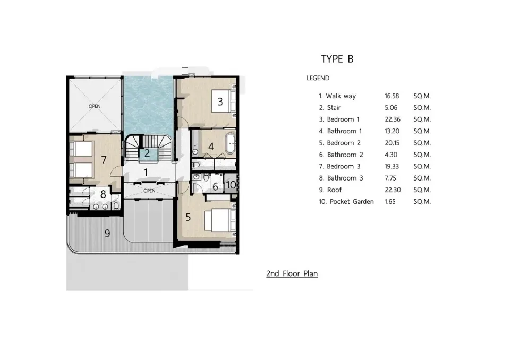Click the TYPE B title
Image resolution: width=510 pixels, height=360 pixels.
pyautogui.click(x=337, y=59)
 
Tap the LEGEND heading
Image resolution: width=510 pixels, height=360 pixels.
pyautogui.click(x=318, y=78)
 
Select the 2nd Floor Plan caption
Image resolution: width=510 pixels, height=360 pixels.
pyautogui.click(x=292, y=273)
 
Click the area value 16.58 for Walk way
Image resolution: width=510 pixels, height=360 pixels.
pyautogui.click(x=392, y=96)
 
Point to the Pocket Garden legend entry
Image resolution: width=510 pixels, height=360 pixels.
pyautogui.click(x=346, y=202)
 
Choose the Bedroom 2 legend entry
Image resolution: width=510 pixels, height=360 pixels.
pyautogui.click(x=339, y=143)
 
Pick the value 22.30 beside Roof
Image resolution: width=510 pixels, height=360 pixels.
pyautogui.click(x=393, y=190)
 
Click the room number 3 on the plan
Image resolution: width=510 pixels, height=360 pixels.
pyautogui.click(x=220, y=102)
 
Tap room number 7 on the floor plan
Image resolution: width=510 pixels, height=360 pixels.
pyautogui.click(x=104, y=160)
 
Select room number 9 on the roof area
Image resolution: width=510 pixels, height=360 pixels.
pyautogui.click(x=107, y=233)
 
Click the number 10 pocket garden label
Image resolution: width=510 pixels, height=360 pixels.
pyautogui.click(x=231, y=185)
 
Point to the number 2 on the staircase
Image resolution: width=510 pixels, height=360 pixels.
pyautogui.click(x=147, y=153)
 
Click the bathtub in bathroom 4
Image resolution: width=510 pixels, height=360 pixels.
pyautogui.click(x=231, y=143)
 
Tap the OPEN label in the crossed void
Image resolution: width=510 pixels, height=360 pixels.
pyautogui.click(x=95, y=106)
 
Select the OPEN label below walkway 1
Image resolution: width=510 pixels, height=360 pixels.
pyautogui.click(x=149, y=191)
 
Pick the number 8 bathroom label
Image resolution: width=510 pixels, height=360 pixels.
pyautogui.click(x=103, y=194)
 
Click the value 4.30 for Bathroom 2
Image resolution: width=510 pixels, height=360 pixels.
pyautogui.click(x=391, y=155)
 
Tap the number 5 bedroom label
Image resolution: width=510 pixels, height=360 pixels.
pyautogui.click(x=188, y=217)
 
